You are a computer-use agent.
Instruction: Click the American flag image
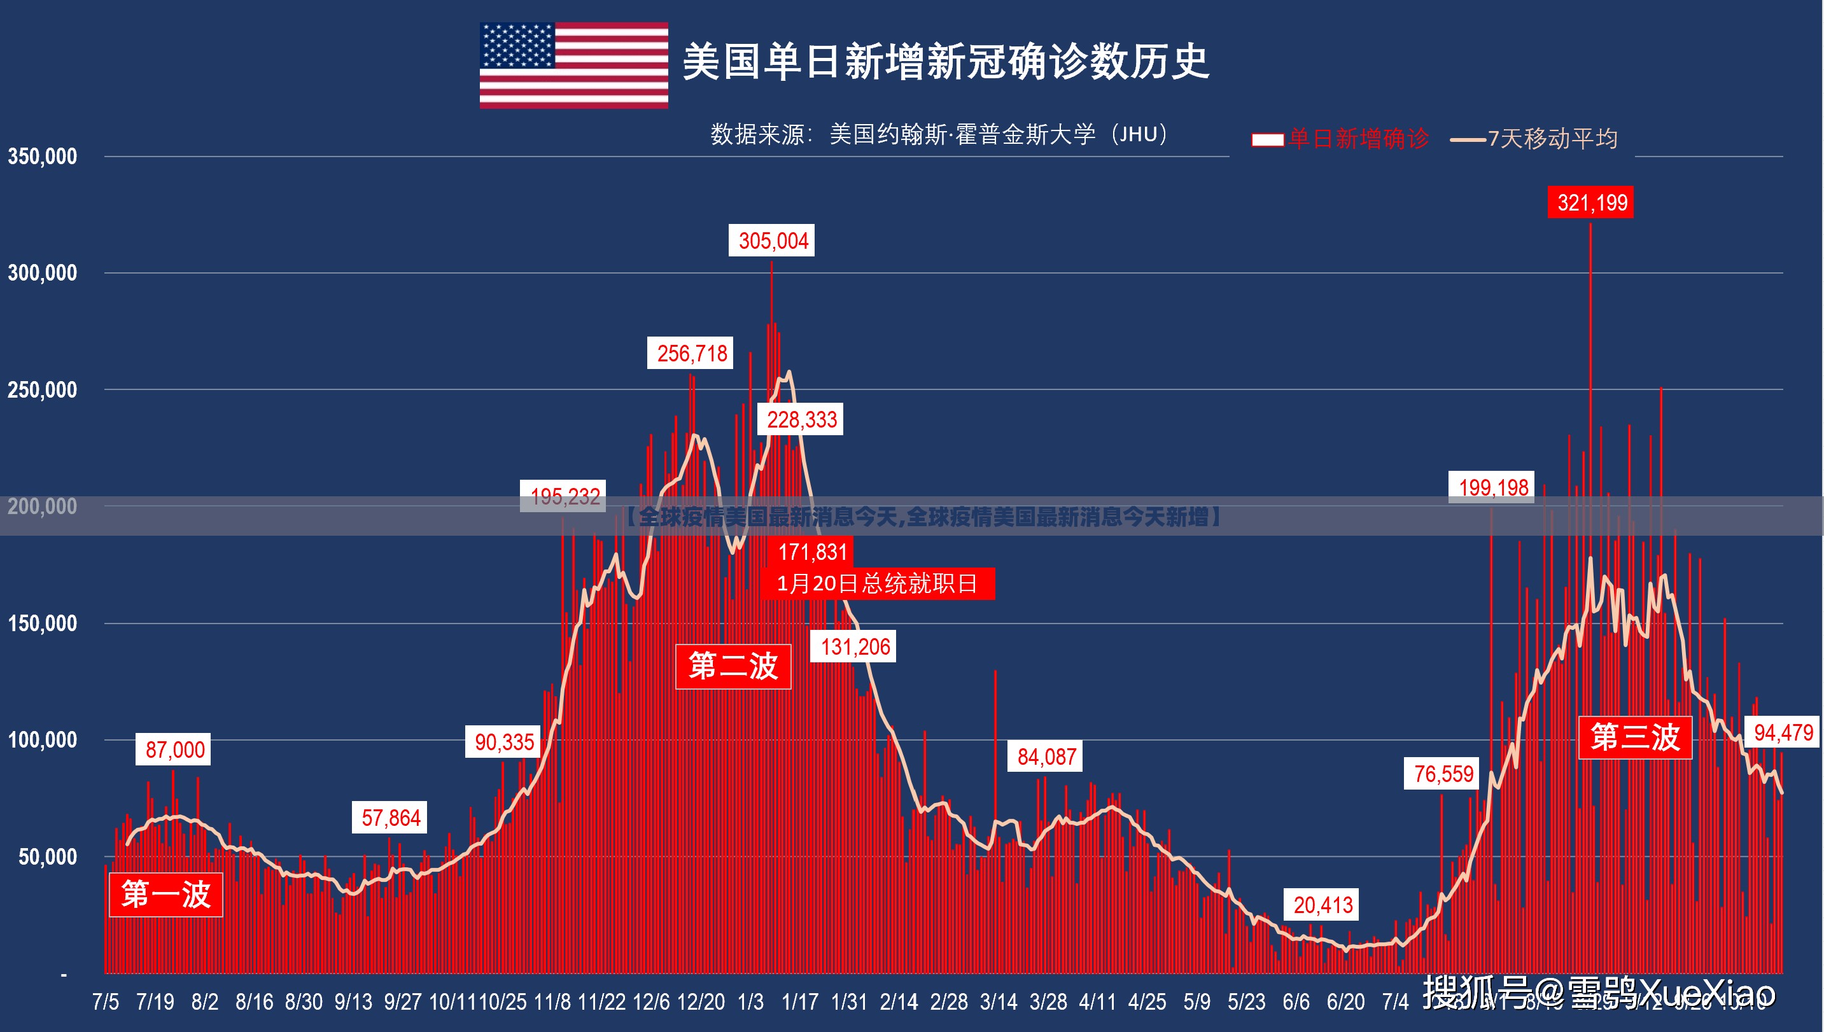(x=573, y=65)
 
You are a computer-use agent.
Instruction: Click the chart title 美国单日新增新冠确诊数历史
(x=945, y=62)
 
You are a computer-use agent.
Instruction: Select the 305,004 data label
(x=773, y=241)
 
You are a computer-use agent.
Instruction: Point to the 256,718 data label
(x=691, y=353)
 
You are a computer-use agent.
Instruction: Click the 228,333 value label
(x=801, y=419)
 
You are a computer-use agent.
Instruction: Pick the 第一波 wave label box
(x=166, y=895)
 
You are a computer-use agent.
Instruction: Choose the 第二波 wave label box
(x=733, y=666)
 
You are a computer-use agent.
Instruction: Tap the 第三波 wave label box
(x=1635, y=737)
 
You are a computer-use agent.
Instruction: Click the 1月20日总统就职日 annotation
(x=878, y=583)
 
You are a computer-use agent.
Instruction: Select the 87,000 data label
(x=174, y=750)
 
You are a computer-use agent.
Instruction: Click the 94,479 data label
(x=1783, y=732)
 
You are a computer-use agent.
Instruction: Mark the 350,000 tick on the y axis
(x=43, y=157)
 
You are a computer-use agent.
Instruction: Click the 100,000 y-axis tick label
(x=43, y=740)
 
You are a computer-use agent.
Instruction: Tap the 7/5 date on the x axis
(x=105, y=1001)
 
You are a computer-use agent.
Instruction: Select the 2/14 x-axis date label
(x=898, y=1001)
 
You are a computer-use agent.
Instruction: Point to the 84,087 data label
(x=1046, y=757)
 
